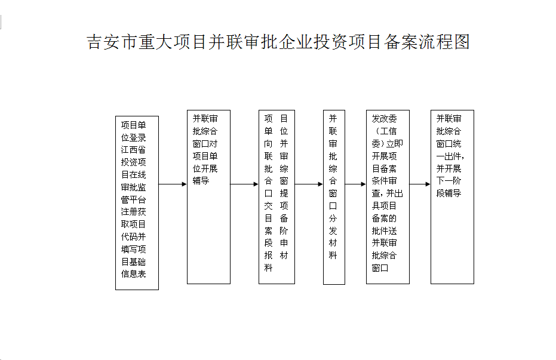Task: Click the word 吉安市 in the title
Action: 112,42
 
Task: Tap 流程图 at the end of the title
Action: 444,42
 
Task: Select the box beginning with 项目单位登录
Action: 137,203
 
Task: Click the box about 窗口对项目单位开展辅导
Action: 208,197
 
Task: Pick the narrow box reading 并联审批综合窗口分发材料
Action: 334,197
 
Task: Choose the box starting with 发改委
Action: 388,197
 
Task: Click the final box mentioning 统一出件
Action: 452,197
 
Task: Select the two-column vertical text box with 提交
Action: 277,197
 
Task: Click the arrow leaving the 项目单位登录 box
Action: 173,184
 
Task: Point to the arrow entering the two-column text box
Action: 244,184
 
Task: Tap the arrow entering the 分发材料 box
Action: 309,184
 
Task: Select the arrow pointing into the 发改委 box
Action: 355,184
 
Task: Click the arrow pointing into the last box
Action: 420,184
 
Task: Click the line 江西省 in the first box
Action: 133,150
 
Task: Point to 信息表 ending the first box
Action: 133,274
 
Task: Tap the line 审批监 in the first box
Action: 133,187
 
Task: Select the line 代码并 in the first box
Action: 133,236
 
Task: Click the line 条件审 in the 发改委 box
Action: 385,181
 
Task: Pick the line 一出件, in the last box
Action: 450,156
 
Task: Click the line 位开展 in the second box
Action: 205,168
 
